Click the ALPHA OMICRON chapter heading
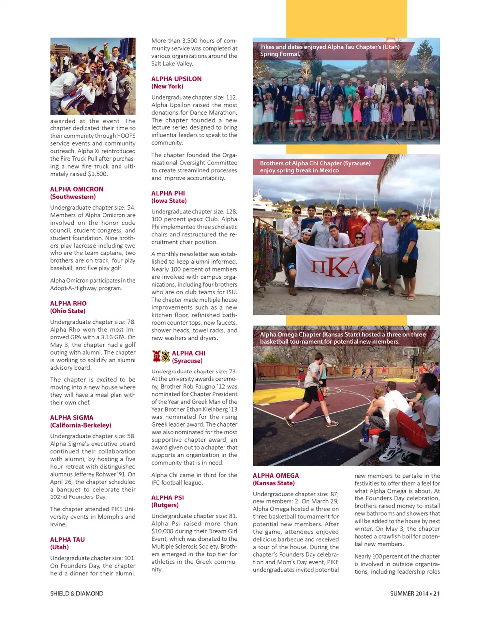coord(77,189)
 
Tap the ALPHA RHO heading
coord(68,303)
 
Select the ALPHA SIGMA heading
coord(72,418)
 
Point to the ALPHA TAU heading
coord(67,540)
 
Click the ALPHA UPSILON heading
coord(176,79)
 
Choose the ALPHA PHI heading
coord(168,193)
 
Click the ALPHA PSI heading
coord(167,497)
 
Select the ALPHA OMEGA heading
coord(276,476)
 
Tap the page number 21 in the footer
coord(436,594)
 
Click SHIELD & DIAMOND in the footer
coord(77,594)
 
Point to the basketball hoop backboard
coord(410,353)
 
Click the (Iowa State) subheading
coord(169,201)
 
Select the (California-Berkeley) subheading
coord(80,425)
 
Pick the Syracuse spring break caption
coord(315,167)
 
